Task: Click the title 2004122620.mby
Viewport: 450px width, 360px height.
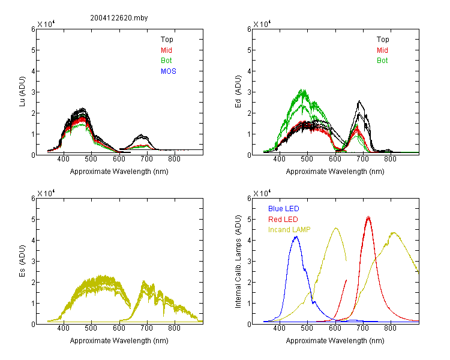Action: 119,18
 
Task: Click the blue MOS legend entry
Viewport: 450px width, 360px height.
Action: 169,71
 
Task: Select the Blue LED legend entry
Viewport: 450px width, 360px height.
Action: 284,209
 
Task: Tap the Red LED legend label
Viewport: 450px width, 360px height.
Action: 283,220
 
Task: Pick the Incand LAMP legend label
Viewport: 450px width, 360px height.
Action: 289,230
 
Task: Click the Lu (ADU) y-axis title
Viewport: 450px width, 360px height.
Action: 22,91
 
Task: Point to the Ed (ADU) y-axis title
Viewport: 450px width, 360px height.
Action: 238,91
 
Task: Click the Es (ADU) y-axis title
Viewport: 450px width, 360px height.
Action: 22,260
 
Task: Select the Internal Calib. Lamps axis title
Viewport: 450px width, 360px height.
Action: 238,262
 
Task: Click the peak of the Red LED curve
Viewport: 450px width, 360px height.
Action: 368,217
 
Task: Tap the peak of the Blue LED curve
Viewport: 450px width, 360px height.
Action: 296,237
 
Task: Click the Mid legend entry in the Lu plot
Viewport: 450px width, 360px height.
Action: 166,50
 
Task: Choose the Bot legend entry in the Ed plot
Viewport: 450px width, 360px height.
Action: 382,61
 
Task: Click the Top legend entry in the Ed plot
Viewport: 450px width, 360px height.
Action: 383,40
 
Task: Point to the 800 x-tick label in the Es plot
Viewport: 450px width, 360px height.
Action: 174,328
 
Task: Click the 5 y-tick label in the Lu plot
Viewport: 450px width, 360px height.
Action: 33,50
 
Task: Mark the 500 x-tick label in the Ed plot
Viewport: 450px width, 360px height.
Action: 307,159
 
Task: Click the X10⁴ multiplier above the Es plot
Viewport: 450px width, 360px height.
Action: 46,193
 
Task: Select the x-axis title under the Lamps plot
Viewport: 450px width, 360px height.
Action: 335,341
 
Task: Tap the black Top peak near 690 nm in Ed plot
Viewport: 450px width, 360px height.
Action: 359,101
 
